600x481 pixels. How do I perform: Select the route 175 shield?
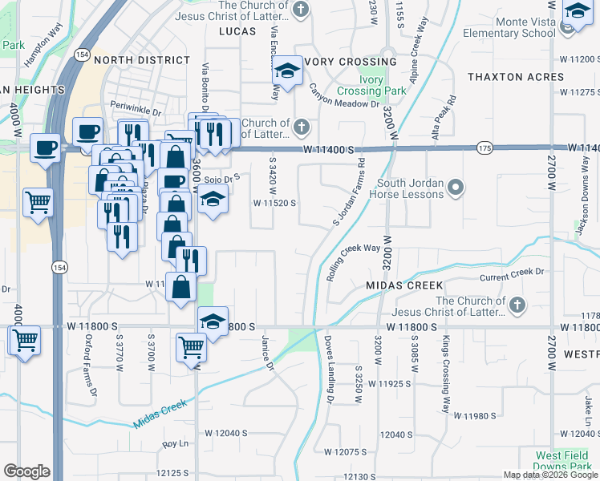[x=484, y=148]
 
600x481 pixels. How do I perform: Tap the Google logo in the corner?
[x=26, y=471]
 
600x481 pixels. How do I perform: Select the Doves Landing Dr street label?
[x=329, y=370]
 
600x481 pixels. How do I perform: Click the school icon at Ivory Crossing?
[x=286, y=71]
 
